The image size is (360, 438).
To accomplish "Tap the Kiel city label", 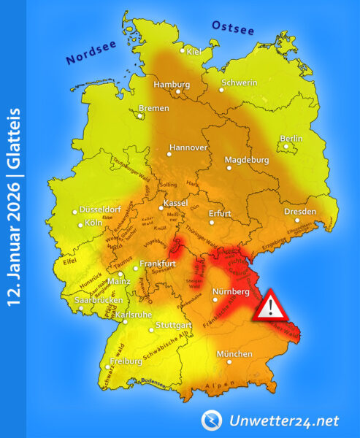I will pos(194,51).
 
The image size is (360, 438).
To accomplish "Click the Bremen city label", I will pos(154,107).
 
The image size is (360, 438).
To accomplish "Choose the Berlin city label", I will pos(291,138).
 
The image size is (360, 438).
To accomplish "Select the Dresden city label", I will pos(301,212).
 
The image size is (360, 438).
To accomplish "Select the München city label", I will pos(234,354).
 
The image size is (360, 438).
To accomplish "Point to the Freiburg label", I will pos(125,361).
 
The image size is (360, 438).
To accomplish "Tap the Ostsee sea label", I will pos(232,27).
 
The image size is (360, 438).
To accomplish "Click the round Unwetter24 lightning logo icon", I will pos(212,420).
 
